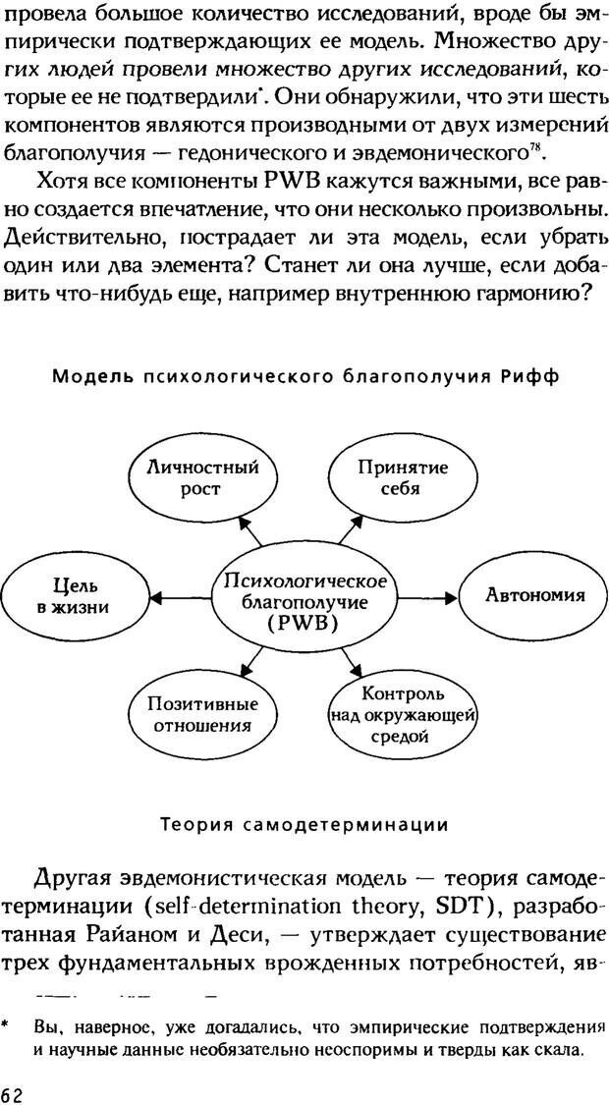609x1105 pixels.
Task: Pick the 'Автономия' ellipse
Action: [x=534, y=595]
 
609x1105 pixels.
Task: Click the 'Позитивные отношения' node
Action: [x=202, y=715]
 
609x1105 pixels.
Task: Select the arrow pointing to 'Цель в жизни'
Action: [x=183, y=597]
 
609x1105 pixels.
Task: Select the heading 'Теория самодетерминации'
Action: [x=304, y=824]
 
